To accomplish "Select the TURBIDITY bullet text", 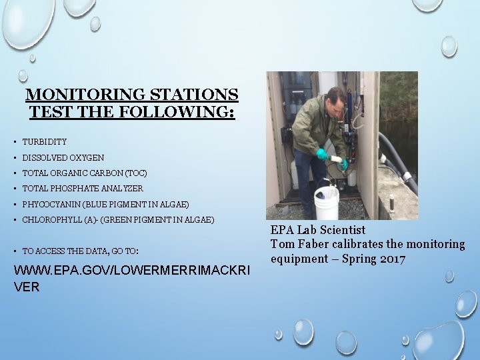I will click(x=45, y=142).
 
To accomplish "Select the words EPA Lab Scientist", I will click(x=318, y=230).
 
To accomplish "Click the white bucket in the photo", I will click(x=326, y=202).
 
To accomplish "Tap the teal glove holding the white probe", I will click(x=322, y=154).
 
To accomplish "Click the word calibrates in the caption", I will click(x=352, y=244).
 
